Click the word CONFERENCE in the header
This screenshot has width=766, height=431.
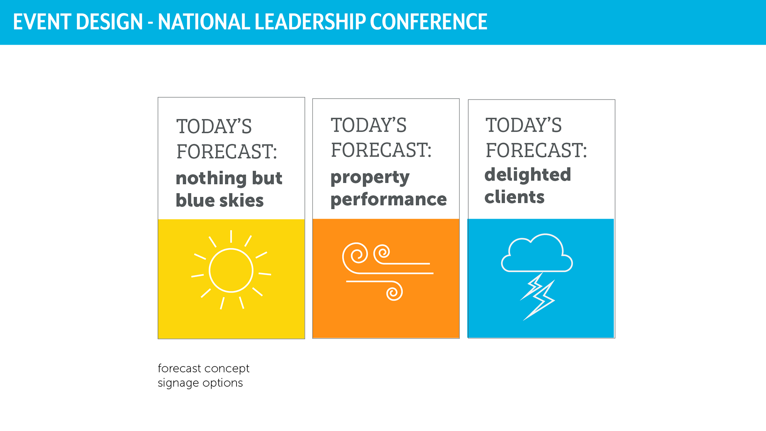(x=428, y=22)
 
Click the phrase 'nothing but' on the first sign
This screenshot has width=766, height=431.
(x=229, y=178)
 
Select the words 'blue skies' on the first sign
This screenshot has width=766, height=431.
(x=220, y=200)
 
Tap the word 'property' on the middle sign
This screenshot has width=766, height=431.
(x=370, y=178)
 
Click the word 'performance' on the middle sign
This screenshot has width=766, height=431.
(x=389, y=200)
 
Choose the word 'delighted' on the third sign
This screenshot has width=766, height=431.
(x=528, y=174)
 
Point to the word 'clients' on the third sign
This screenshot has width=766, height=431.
(x=515, y=197)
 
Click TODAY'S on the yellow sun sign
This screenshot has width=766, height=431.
(x=214, y=127)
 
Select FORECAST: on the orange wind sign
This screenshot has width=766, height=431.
(x=381, y=150)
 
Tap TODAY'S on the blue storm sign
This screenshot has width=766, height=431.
(x=524, y=125)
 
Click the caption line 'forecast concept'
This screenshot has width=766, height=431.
(x=203, y=368)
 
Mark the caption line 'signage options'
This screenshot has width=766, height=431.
(x=200, y=383)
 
